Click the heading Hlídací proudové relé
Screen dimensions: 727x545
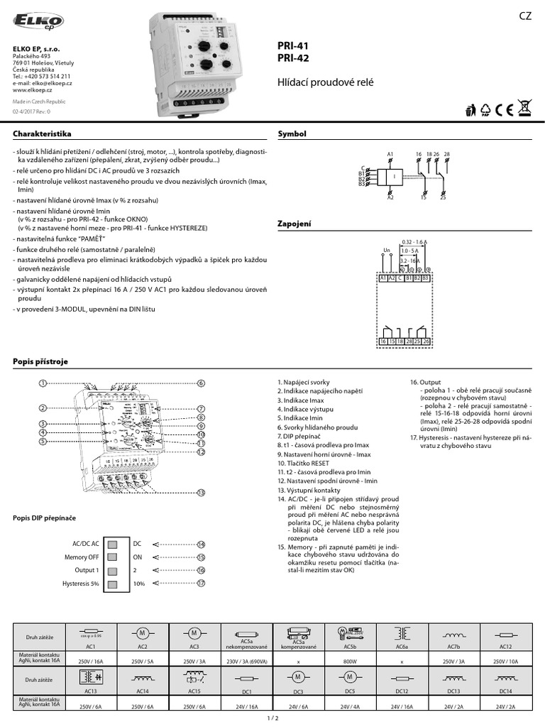tap(325, 83)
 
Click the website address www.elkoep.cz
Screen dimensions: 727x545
tap(35, 90)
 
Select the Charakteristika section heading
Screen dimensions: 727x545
tap(42, 133)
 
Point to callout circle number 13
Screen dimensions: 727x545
tap(201, 492)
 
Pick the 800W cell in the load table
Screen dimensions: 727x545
tap(350, 661)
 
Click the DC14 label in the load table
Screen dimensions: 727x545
tap(505, 689)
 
